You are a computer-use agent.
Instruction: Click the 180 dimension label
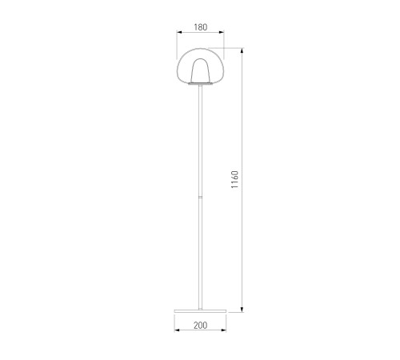[201, 27]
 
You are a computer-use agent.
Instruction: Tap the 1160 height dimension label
[234, 179]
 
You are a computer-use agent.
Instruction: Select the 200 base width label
[200, 326]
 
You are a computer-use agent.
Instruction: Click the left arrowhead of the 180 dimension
[179, 32]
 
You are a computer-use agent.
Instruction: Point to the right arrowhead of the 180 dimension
[222, 32]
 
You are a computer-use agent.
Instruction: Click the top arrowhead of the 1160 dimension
[242, 50]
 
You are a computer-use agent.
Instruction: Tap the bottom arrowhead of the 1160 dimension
[242, 310]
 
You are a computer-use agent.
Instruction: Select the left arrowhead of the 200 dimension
[177, 330]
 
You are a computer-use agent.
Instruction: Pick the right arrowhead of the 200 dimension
[223, 330]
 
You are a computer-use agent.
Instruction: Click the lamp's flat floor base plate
[200, 311]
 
